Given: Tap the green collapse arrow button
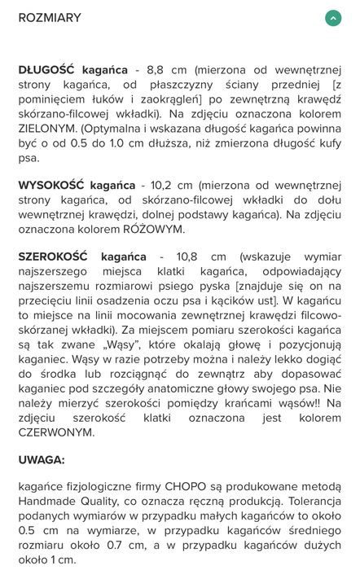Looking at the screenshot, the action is pos(332,18).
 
